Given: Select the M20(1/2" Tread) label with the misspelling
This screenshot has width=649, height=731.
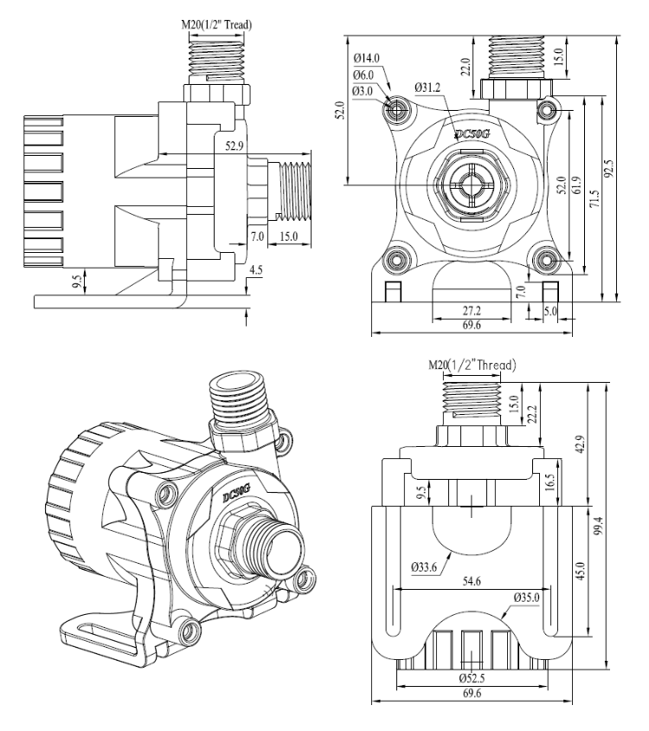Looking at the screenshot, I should pos(216,24).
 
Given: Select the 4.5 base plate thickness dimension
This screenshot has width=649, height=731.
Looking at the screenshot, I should pos(257,269).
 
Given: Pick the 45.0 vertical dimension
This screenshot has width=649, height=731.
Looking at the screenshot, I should pos(582,573).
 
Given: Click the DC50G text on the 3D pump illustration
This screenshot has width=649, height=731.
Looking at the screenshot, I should pos(236,495).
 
